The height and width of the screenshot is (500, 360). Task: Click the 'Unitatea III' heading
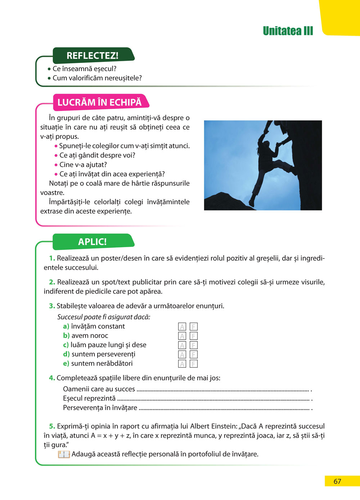288,31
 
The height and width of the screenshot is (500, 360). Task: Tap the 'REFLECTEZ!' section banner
93,56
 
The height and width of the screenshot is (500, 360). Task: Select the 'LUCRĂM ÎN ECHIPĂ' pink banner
99,102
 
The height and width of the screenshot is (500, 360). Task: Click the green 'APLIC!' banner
92,242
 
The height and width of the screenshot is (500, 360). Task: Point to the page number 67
337,481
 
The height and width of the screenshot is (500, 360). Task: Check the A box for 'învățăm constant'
182,327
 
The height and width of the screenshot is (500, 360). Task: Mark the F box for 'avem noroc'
194,336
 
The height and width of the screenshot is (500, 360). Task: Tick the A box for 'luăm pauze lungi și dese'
182,345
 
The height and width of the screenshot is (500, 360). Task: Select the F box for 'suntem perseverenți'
194,355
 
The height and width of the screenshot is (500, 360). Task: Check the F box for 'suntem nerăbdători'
194,364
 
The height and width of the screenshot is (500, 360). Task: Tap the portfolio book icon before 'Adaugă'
64,454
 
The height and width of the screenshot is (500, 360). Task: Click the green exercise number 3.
52,306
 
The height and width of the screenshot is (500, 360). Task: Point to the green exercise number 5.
52,426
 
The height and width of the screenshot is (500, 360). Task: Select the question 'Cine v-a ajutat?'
83,165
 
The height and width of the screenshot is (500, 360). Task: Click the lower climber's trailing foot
252,203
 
